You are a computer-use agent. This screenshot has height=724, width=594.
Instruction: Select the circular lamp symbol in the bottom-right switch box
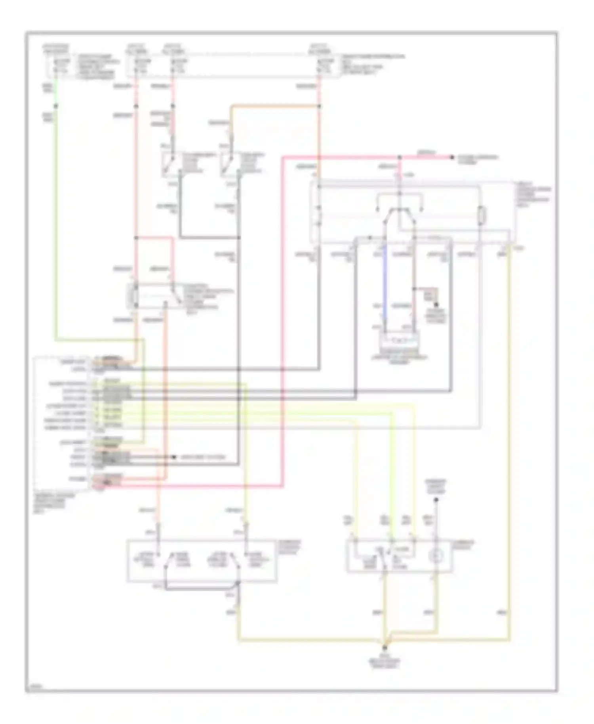point(436,556)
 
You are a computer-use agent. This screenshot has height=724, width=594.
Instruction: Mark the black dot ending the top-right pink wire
point(451,158)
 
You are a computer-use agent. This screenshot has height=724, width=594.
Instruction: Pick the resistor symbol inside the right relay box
point(481,215)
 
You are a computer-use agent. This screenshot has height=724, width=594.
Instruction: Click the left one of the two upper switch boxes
point(171,164)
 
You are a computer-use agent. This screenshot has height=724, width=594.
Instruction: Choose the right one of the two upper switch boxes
point(230,164)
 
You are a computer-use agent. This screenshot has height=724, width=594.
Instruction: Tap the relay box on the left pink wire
point(152,296)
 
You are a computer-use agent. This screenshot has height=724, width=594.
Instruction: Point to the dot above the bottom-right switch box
point(436,500)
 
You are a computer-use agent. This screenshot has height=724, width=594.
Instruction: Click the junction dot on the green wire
point(56,106)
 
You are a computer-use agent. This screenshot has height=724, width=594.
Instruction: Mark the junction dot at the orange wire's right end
point(319,106)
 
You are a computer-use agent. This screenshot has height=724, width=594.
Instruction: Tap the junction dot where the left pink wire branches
point(136,238)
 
